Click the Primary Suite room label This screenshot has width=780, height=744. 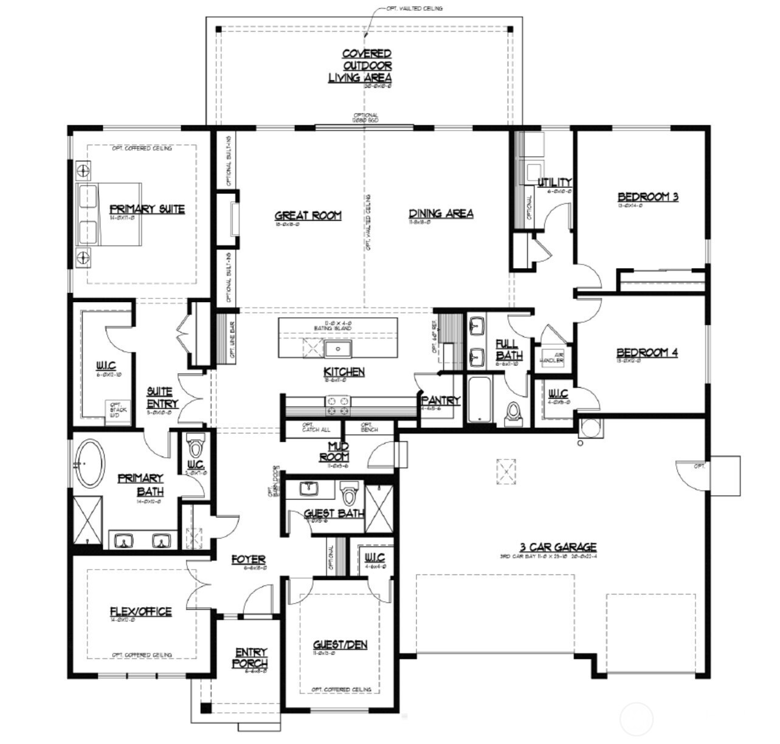(x=147, y=208)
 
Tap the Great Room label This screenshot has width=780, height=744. (x=308, y=215)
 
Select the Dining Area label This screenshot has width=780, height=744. (x=441, y=213)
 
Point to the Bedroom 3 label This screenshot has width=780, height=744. (x=648, y=196)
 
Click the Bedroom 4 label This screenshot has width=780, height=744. (x=647, y=353)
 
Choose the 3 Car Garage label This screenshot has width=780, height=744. (x=550, y=547)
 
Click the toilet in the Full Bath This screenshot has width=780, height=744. (x=514, y=412)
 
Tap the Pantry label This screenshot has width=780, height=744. (x=441, y=401)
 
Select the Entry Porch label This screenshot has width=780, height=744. (x=250, y=658)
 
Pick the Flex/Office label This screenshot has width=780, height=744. (x=140, y=611)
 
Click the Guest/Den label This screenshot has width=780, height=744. (x=340, y=644)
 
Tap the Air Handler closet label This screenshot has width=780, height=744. (x=551, y=357)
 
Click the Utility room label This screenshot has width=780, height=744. (x=554, y=182)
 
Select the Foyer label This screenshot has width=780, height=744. (x=248, y=559)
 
